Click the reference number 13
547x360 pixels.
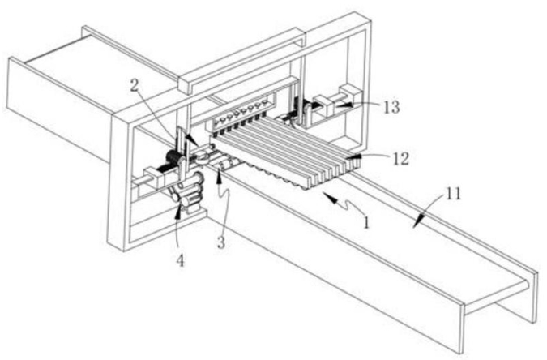pos(391,107)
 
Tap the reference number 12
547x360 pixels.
pos(400,159)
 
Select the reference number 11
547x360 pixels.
pos(454,194)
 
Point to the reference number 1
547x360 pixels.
pos(366,222)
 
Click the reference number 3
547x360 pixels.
pos(220,242)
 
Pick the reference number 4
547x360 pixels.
pos(180,260)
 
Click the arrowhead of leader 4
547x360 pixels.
pos(178,210)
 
